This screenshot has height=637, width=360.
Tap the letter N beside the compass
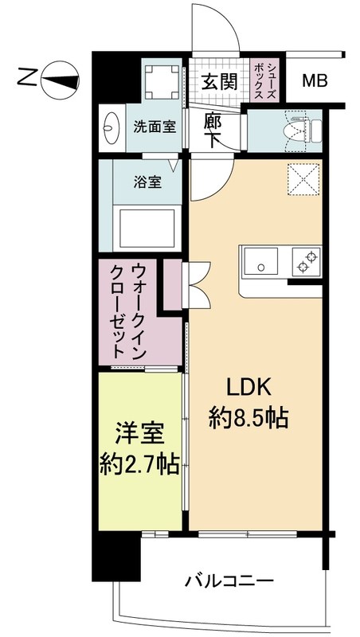point(27,78)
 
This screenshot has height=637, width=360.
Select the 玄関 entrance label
point(217,81)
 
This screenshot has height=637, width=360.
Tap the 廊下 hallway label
point(213,131)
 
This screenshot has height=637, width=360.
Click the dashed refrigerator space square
point(302,179)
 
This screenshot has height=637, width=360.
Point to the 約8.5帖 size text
point(250,418)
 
